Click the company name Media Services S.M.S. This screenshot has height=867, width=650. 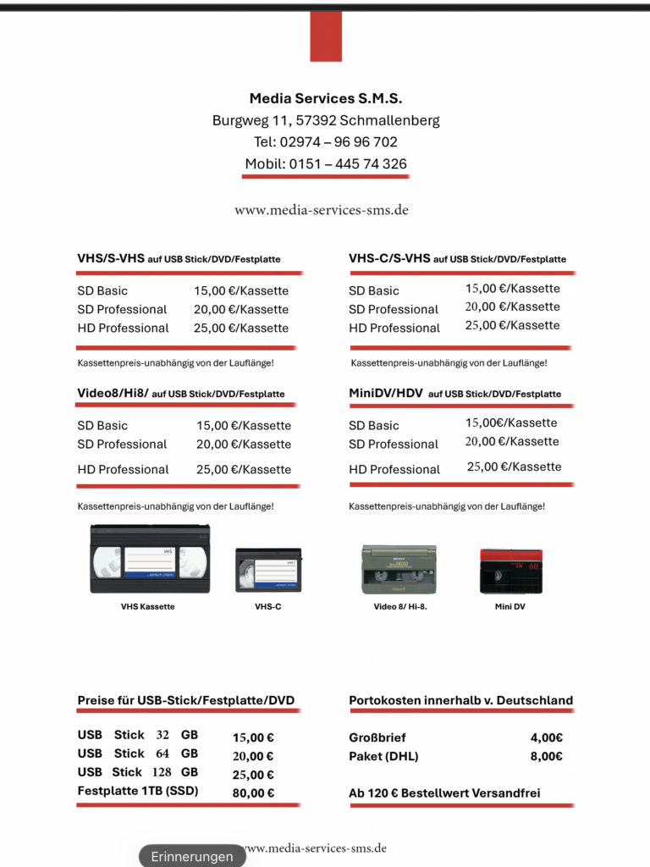pyautogui.click(x=325, y=99)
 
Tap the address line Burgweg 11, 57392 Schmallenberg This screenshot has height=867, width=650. pyautogui.click(x=325, y=121)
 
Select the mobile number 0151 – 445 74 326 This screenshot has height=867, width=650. pyautogui.click(x=325, y=164)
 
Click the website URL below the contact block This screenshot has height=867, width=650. pyautogui.click(x=322, y=210)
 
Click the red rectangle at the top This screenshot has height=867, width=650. pyautogui.click(x=326, y=36)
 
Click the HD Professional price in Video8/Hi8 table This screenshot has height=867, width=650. pyautogui.click(x=244, y=470)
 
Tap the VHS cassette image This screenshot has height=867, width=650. pyautogui.click(x=150, y=559)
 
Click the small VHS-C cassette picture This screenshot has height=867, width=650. pyautogui.click(x=267, y=570)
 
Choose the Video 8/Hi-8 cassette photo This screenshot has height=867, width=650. pyautogui.click(x=399, y=569)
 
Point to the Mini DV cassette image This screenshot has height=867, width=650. pyautogui.click(x=510, y=571)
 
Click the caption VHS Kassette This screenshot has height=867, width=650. pyautogui.click(x=148, y=607)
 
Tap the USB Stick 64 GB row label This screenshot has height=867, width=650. pyautogui.click(x=138, y=754)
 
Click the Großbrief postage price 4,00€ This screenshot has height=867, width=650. pyautogui.click(x=547, y=738)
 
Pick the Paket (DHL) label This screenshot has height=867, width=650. pyautogui.click(x=383, y=757)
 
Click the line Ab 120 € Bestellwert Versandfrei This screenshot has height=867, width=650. pyautogui.click(x=444, y=794)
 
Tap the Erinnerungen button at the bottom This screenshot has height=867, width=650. pyautogui.click(x=192, y=857)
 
